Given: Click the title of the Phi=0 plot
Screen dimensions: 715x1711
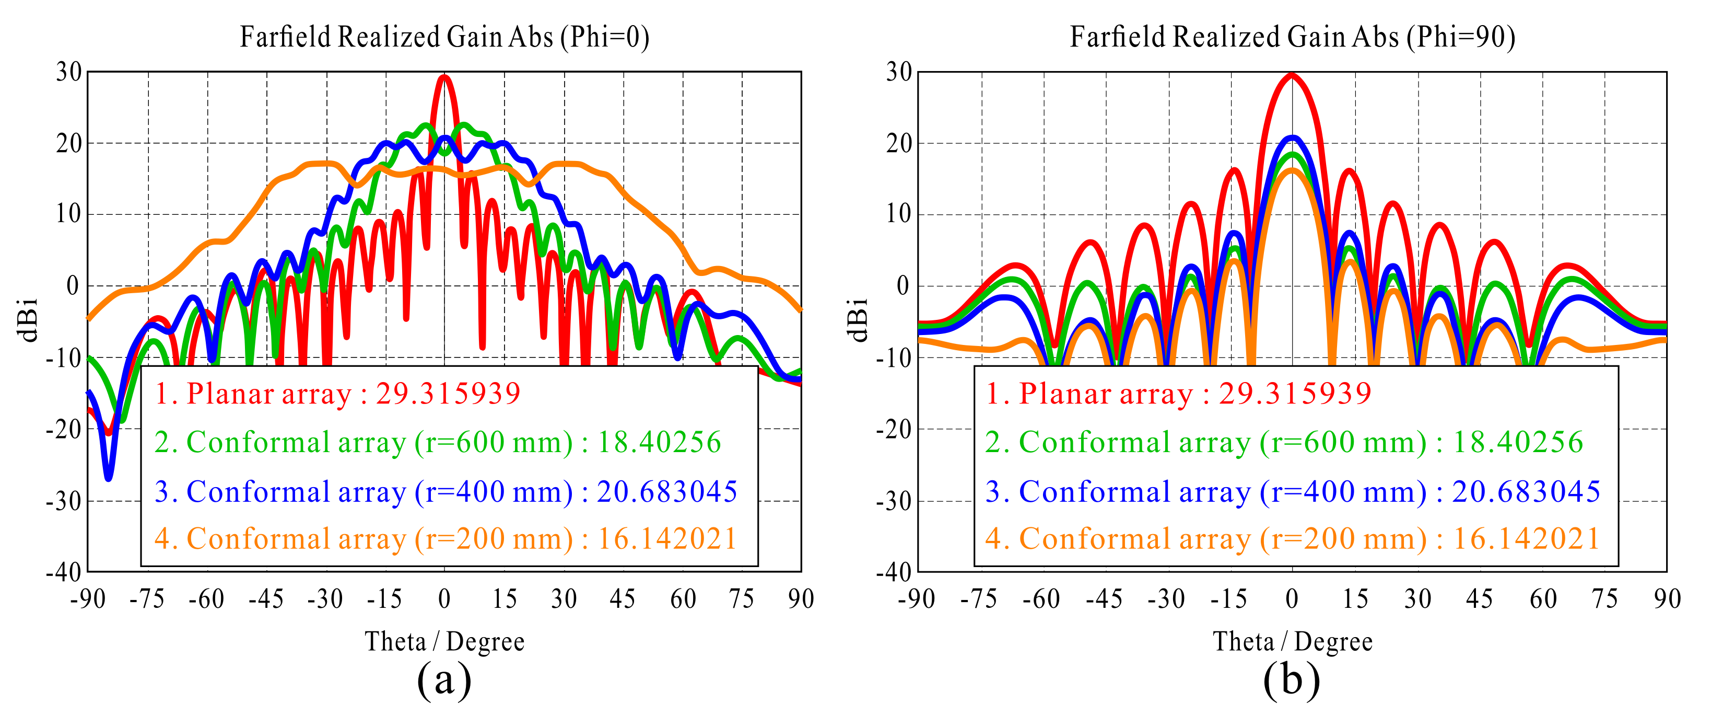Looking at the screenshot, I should coord(444,37).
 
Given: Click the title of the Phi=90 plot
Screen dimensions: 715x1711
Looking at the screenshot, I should coord(1292,37).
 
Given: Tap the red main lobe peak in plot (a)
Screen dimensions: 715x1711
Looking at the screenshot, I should coord(444,78).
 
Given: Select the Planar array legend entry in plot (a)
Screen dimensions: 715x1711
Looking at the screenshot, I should coord(337,394).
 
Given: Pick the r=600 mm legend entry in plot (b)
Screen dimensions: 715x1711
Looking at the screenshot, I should coord(1283,443).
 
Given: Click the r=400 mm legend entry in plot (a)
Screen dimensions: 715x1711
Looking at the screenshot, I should coord(445,492).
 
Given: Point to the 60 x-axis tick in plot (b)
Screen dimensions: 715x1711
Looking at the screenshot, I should coord(1542,599).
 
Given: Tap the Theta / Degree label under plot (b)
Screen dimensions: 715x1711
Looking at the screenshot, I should coord(1292,642).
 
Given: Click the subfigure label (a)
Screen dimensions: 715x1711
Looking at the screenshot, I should coord(444,681).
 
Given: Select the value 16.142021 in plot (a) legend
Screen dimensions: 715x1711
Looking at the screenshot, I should coord(667,539).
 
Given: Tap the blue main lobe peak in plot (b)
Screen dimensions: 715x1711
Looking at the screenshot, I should coord(1292,138).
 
